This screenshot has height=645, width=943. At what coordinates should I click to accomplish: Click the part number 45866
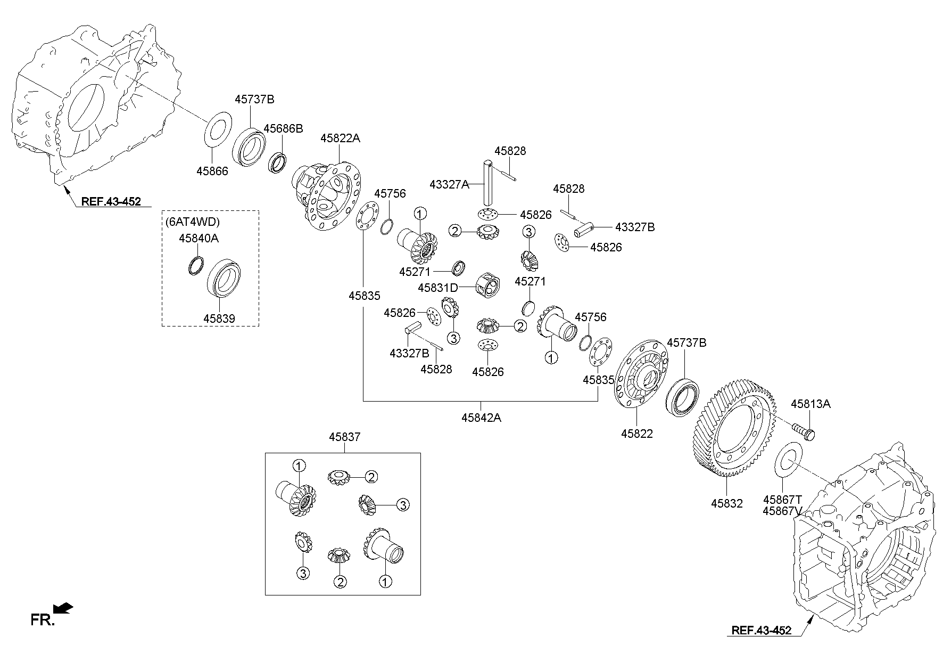coord(212,171)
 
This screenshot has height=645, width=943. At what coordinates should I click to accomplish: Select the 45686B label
coord(283,128)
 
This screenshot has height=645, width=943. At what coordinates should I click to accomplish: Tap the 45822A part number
coord(340,138)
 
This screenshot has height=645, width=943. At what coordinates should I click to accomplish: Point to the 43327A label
coord(450,184)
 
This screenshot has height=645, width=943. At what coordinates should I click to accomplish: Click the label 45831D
coord(438,288)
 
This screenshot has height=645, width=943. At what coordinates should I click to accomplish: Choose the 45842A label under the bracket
coord(481,418)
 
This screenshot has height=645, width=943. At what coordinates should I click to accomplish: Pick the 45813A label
coord(810,404)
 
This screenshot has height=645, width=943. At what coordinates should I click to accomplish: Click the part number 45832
coord(726,503)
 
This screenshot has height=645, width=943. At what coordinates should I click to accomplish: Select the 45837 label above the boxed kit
coord(344,437)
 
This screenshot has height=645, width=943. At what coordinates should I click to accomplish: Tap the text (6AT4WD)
coord(193,222)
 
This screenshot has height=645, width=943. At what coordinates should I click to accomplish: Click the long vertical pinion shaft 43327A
coord(488,182)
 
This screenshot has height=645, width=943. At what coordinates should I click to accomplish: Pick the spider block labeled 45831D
coord(488,285)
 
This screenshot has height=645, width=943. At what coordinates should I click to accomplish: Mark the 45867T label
coord(782,500)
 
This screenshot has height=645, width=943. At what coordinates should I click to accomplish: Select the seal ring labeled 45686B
coord(277,162)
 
